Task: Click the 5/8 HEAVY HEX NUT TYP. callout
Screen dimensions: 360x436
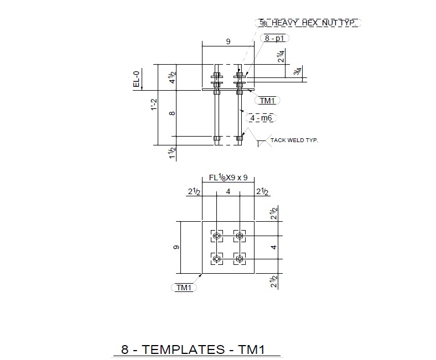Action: click(309, 23)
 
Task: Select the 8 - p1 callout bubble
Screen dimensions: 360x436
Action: click(274, 38)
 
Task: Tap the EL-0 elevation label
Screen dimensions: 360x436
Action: click(137, 78)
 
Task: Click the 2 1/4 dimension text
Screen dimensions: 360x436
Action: click(282, 56)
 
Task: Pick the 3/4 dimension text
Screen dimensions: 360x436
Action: click(298, 72)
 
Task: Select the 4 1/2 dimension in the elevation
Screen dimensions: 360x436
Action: click(173, 76)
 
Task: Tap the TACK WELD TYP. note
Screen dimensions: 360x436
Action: click(294, 140)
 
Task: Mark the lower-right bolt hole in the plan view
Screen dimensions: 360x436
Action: click(240, 258)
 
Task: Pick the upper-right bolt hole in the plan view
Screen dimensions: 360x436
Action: click(240, 237)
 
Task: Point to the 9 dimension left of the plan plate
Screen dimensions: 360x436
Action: click(177, 247)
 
